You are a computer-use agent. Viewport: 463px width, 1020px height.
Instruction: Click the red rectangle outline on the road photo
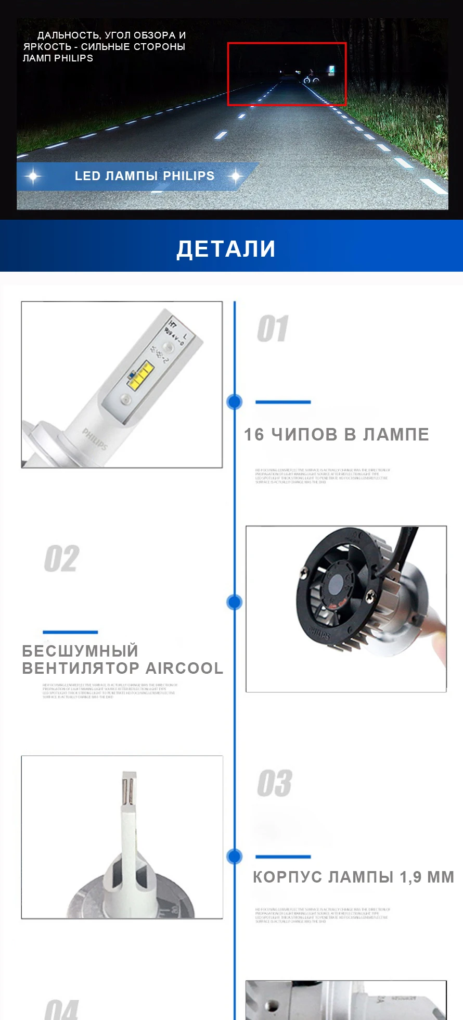pyautogui.click(x=287, y=44)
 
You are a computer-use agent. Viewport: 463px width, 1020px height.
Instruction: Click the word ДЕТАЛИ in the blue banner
pyautogui.click(x=226, y=248)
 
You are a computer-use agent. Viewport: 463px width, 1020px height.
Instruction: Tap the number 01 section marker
pyautogui.click(x=273, y=329)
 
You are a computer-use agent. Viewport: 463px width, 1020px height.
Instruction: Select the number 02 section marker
pyautogui.click(x=61, y=559)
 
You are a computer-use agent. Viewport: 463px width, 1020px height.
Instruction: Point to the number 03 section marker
pyautogui.click(x=274, y=783)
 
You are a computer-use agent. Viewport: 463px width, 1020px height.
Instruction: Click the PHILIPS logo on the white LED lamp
pyautogui.click(x=95, y=439)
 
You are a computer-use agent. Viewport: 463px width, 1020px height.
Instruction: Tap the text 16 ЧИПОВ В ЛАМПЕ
pyautogui.click(x=336, y=434)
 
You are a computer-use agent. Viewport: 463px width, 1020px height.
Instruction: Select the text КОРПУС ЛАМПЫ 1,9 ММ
pyautogui.click(x=353, y=877)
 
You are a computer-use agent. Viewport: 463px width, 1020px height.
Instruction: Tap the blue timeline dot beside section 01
pyautogui.click(x=235, y=401)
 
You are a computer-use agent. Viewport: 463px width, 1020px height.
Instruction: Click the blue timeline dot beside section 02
pyautogui.click(x=235, y=602)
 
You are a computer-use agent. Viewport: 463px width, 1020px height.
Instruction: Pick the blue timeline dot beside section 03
pyautogui.click(x=235, y=856)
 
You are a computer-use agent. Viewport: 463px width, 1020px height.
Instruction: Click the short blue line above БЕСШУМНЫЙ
pyautogui.click(x=70, y=632)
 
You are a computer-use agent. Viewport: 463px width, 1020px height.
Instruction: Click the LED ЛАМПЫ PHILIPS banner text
pyautogui.click(x=144, y=176)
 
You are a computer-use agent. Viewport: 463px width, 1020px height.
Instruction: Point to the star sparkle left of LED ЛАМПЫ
pyautogui.click(x=33, y=176)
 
